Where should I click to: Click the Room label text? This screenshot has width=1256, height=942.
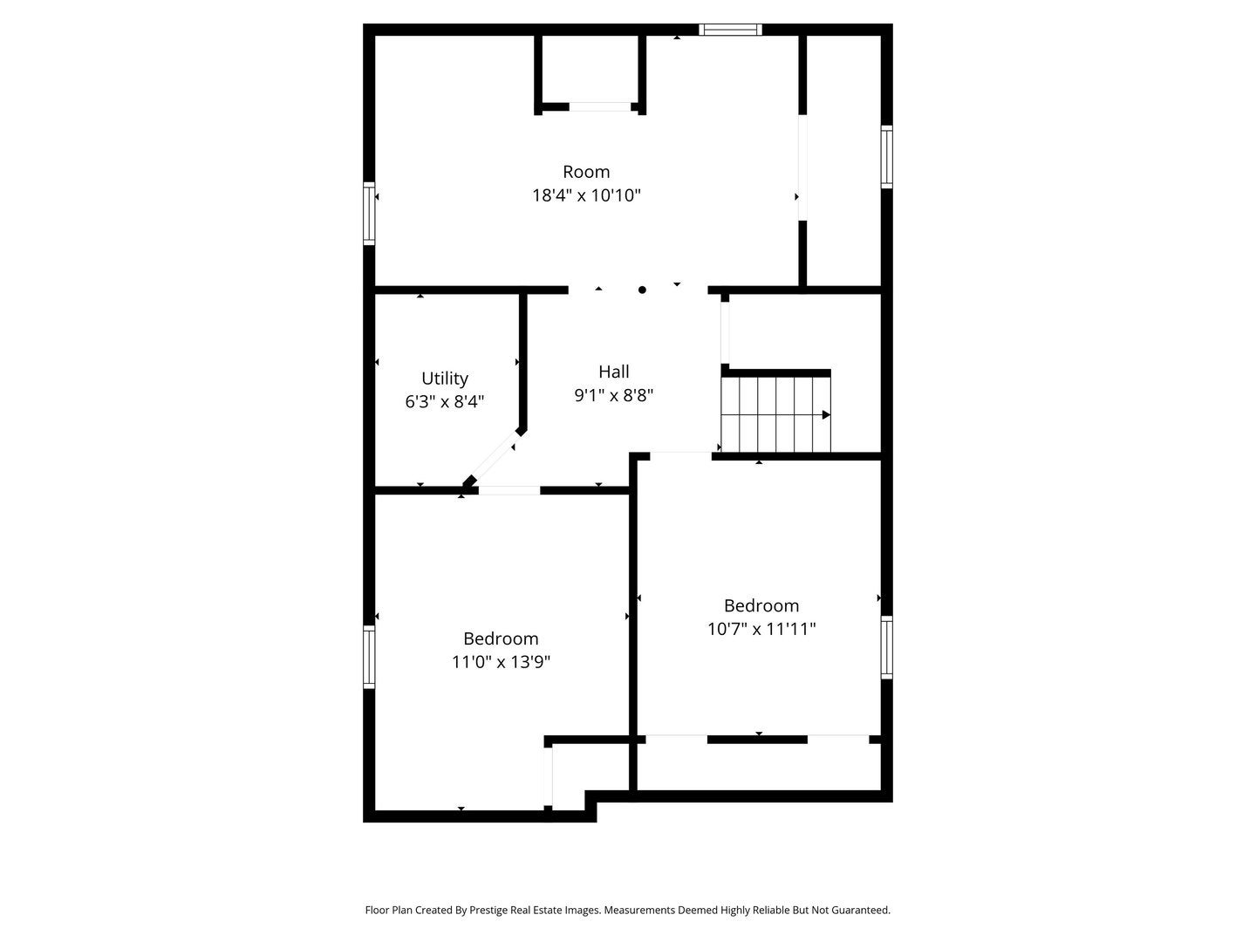pyautogui.click(x=585, y=172)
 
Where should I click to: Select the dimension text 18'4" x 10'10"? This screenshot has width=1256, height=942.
pyautogui.click(x=586, y=195)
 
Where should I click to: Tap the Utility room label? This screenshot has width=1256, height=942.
pyautogui.click(x=445, y=379)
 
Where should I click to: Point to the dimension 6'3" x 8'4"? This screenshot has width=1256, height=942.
pyautogui.click(x=445, y=402)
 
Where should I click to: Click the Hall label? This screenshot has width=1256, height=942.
pyautogui.click(x=613, y=372)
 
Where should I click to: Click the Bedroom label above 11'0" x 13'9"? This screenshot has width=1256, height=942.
pyautogui.click(x=501, y=638)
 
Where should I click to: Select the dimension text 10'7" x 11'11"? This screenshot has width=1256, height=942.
pyautogui.click(x=761, y=629)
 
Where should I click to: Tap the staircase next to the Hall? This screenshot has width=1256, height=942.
pyautogui.click(x=775, y=414)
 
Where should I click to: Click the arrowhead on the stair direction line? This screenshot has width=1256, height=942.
pyautogui.click(x=826, y=415)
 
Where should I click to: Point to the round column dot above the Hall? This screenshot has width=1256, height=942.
pyautogui.click(x=642, y=290)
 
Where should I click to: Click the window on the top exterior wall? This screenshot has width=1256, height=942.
pyautogui.click(x=731, y=31)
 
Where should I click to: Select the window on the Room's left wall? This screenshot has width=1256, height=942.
pyautogui.click(x=369, y=213)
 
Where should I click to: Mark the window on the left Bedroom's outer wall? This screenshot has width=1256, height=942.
pyautogui.click(x=369, y=657)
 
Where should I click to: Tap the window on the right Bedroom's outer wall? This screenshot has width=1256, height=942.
pyautogui.click(x=886, y=647)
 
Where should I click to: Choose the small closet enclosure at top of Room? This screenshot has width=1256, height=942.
pyautogui.click(x=590, y=72)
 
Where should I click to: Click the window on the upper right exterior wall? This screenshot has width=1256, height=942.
pyautogui.click(x=886, y=157)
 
